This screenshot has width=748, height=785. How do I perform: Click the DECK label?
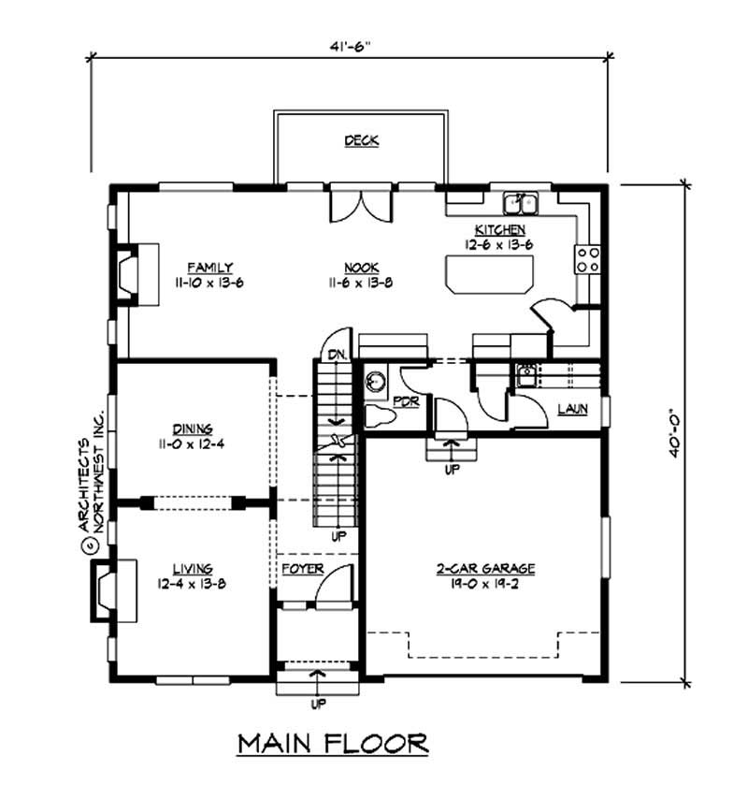coord(361,140)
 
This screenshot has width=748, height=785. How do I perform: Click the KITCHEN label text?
coord(500,230)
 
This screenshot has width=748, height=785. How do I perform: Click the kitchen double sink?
coord(519,202)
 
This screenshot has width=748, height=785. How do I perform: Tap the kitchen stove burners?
coord(587,259)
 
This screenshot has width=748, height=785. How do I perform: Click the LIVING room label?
coord(192,568)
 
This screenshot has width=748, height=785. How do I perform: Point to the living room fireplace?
coord(110,589)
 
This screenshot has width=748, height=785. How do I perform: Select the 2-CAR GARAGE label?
coord(484,568)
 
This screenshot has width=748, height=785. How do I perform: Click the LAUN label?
coord(571,409)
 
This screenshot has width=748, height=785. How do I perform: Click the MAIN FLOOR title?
coord(333,743)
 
